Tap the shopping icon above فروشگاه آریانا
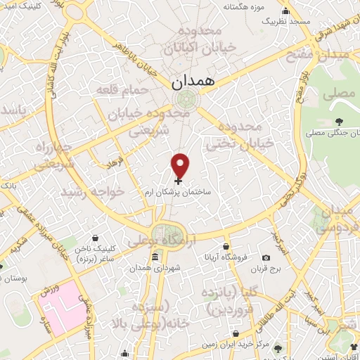pos(225,247)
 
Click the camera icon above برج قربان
pos(267,257)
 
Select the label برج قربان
pos(267,268)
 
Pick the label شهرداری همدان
pos(155,268)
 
